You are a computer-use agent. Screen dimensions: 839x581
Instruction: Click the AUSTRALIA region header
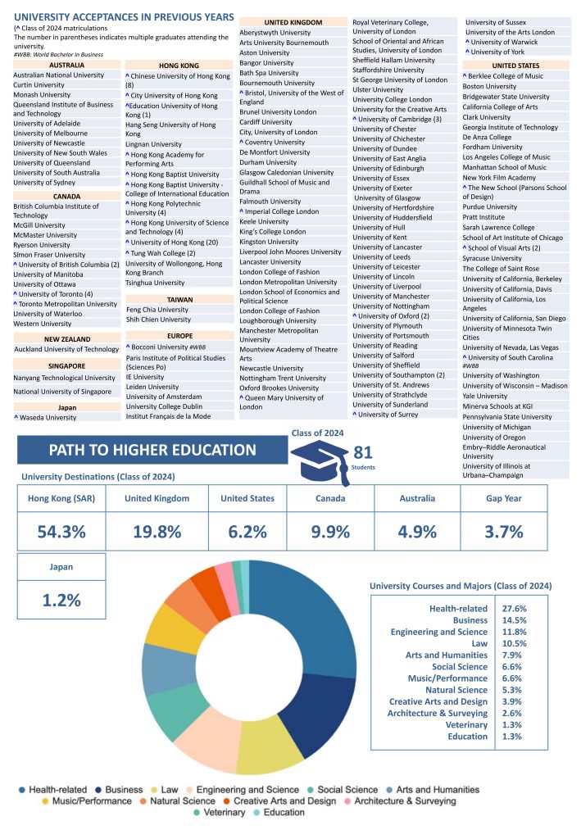66,64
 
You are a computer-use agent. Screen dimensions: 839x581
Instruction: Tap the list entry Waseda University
46,417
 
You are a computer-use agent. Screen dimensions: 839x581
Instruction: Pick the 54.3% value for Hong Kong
62,531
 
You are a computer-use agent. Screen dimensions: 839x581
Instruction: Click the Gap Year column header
504,498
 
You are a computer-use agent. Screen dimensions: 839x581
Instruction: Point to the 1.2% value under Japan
62,600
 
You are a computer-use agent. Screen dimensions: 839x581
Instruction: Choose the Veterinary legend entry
221,813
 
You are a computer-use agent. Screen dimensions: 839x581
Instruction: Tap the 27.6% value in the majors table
514,609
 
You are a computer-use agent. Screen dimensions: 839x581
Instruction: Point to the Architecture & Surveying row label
438,713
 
